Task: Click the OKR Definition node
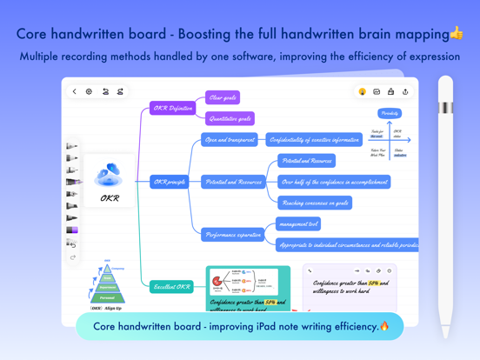point(172,109)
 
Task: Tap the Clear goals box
point(223,97)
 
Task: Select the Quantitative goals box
point(230,119)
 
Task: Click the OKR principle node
point(170,182)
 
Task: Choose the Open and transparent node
point(230,139)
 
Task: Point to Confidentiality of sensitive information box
point(314,139)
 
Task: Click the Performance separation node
point(233,235)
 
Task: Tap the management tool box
point(299,223)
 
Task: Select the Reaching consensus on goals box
point(315,203)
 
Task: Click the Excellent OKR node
point(171,286)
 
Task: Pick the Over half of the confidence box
point(334,182)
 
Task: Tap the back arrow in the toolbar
point(75,91)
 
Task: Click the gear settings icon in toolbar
point(89,91)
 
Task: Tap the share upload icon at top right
point(405,91)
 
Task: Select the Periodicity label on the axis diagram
point(390,113)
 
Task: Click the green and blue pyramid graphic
point(107,284)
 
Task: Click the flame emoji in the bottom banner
point(384,326)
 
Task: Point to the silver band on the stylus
point(445,108)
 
